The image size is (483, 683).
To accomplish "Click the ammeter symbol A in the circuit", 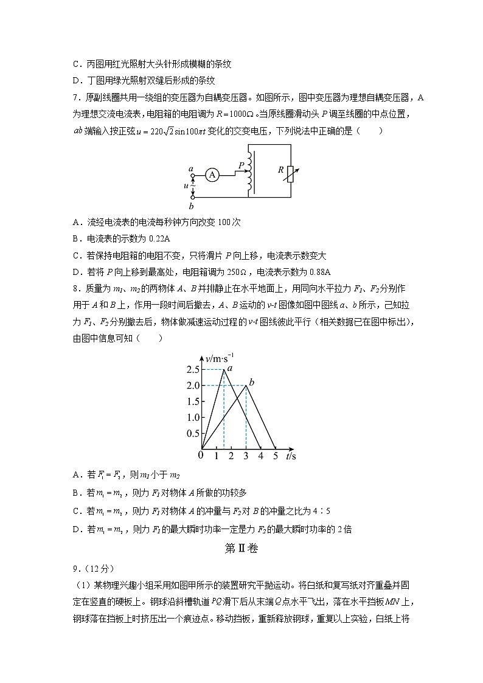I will pos(212,175).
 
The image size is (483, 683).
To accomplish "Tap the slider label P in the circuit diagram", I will pos(241,165).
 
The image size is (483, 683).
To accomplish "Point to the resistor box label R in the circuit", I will pos(281,170).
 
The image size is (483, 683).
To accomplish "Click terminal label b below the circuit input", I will pos(191,207).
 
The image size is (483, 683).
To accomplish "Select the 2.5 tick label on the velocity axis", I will pos(193,370).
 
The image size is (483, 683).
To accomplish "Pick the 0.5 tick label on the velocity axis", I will pos(193,434).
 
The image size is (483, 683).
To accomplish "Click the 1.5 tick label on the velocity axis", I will pos(193,401).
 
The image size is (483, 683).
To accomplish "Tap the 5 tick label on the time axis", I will pos(275,456).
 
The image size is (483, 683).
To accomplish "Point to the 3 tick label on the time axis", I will pos(246,456).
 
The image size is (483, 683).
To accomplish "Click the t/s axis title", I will pos(291,456).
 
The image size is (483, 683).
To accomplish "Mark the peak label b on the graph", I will pos(251,381).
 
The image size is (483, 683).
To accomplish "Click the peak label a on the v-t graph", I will pos(230,367).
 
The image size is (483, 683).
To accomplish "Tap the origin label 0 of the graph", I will pos(201,455).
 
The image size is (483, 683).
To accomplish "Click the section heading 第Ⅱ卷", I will pos(241,549).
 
